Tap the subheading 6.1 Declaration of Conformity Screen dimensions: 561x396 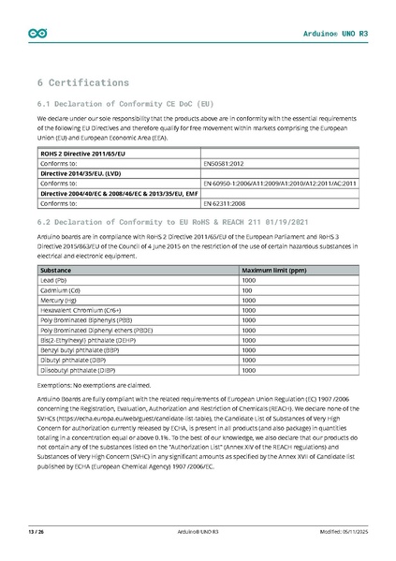[125, 103]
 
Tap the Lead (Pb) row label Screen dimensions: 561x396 [53, 280]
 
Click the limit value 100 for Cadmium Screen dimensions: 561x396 [247, 290]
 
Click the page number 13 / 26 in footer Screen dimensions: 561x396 [37, 532]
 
